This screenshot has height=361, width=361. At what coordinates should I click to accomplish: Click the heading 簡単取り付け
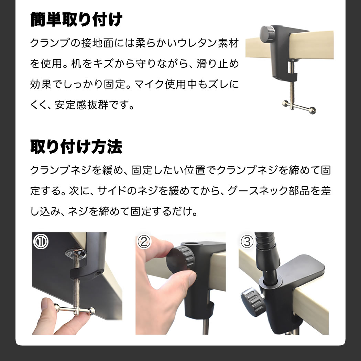(x=76, y=20)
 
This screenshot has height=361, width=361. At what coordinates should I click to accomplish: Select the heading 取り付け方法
(x=76, y=147)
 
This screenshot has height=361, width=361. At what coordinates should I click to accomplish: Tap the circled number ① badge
(x=41, y=242)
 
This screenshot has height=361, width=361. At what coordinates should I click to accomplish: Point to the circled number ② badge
(x=144, y=241)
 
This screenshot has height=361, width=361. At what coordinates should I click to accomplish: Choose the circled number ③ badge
(x=247, y=242)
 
